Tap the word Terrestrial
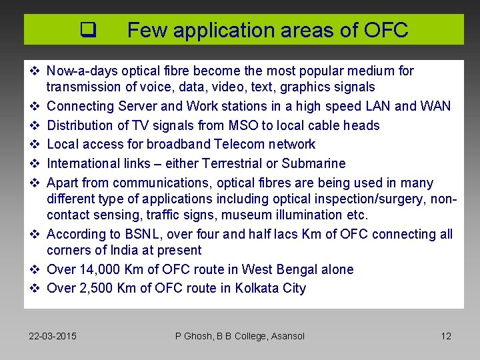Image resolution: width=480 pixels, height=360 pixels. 241,163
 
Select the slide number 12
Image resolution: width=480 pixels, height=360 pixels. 446,336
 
